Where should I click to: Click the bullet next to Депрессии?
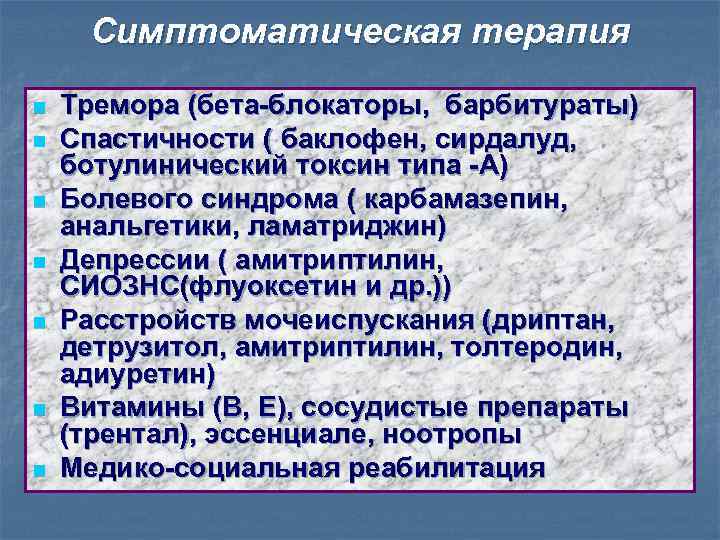[37, 264]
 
